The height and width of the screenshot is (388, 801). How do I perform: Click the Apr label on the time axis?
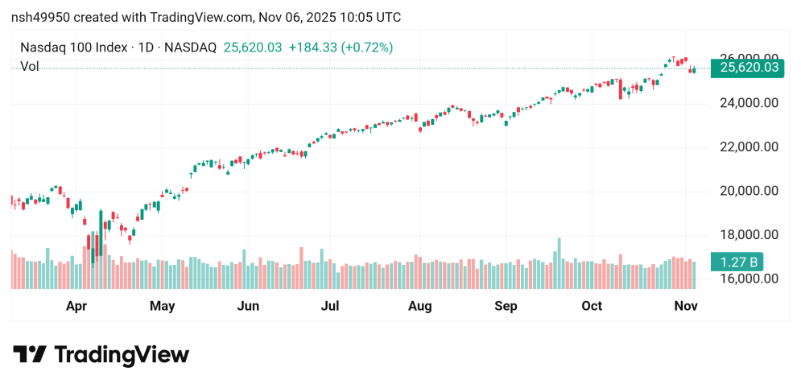pyautogui.click(x=76, y=306)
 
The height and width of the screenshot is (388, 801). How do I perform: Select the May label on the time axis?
pyautogui.click(x=163, y=306)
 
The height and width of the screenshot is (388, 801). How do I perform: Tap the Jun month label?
pyautogui.click(x=248, y=306)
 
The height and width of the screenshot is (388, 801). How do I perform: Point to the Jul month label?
pyautogui.click(x=329, y=306)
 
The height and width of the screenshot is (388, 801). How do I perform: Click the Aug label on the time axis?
pyautogui.click(x=419, y=306)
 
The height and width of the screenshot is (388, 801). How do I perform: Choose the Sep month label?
pyautogui.click(x=506, y=306)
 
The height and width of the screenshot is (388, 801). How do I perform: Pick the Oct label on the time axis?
pyautogui.click(x=592, y=306)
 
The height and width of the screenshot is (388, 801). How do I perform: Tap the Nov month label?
pyautogui.click(x=685, y=306)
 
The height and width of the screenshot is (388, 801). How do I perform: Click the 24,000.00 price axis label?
pyautogui.click(x=749, y=103)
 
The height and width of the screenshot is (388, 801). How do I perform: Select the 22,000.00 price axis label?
pyautogui.click(x=749, y=147)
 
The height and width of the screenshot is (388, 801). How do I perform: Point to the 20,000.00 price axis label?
pyautogui.click(x=749, y=191)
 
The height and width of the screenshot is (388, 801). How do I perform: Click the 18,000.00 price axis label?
pyautogui.click(x=749, y=235)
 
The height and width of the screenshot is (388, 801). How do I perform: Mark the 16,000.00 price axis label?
pyautogui.click(x=749, y=279)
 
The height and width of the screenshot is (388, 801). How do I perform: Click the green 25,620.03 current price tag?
pyautogui.click(x=749, y=68)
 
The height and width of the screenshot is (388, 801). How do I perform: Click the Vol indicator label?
pyautogui.click(x=29, y=67)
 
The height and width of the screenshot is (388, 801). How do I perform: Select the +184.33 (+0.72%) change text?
pyautogui.click(x=341, y=47)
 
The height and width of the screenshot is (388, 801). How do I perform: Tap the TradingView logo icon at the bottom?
pyautogui.click(x=31, y=355)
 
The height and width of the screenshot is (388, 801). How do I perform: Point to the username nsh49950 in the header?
pyautogui.click(x=42, y=17)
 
